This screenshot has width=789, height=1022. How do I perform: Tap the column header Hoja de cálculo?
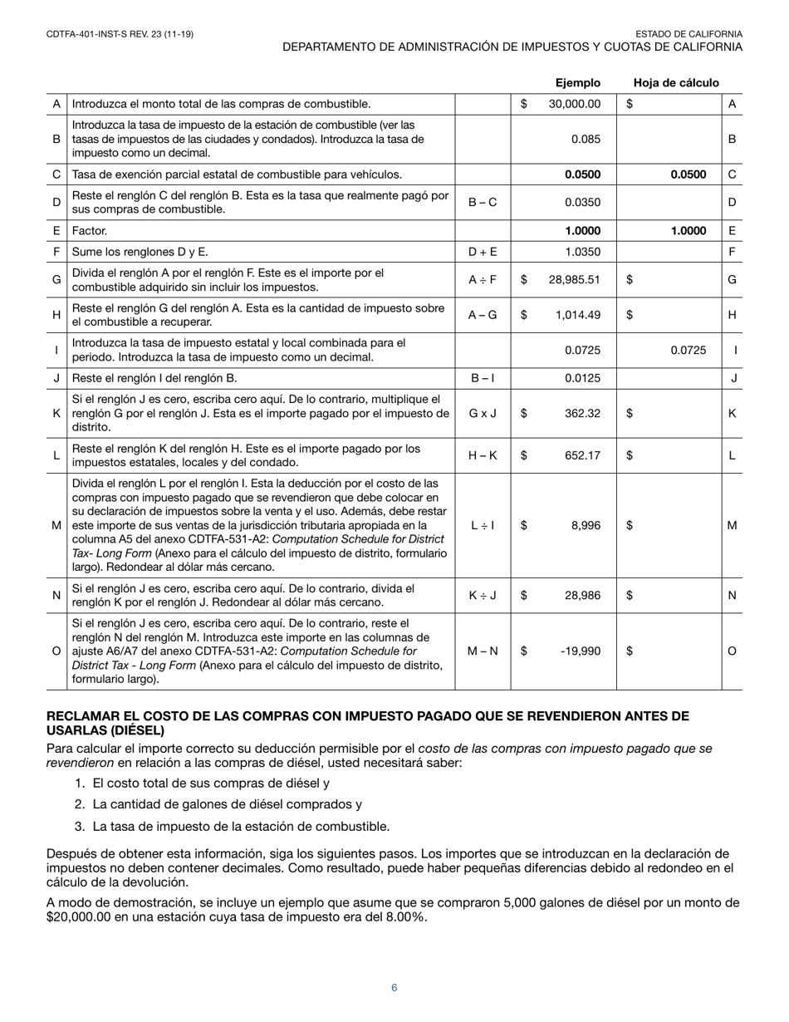click(676, 82)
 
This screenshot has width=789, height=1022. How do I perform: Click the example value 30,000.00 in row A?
click(574, 104)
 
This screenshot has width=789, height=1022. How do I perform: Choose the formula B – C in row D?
click(483, 202)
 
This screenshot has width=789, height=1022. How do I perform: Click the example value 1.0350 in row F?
click(582, 251)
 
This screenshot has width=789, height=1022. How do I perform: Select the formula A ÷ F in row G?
click(483, 280)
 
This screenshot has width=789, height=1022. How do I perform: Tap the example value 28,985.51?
click(574, 280)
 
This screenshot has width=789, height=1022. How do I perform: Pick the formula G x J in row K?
click(483, 413)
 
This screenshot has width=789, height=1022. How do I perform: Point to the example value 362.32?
click(582, 413)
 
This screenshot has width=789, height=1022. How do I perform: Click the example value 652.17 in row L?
click(582, 455)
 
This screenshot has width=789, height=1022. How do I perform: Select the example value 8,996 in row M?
click(585, 525)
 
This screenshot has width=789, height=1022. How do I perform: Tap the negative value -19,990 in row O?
click(581, 651)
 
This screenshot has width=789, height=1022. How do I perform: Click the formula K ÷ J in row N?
click(483, 595)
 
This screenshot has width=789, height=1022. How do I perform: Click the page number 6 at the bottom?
click(394, 988)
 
